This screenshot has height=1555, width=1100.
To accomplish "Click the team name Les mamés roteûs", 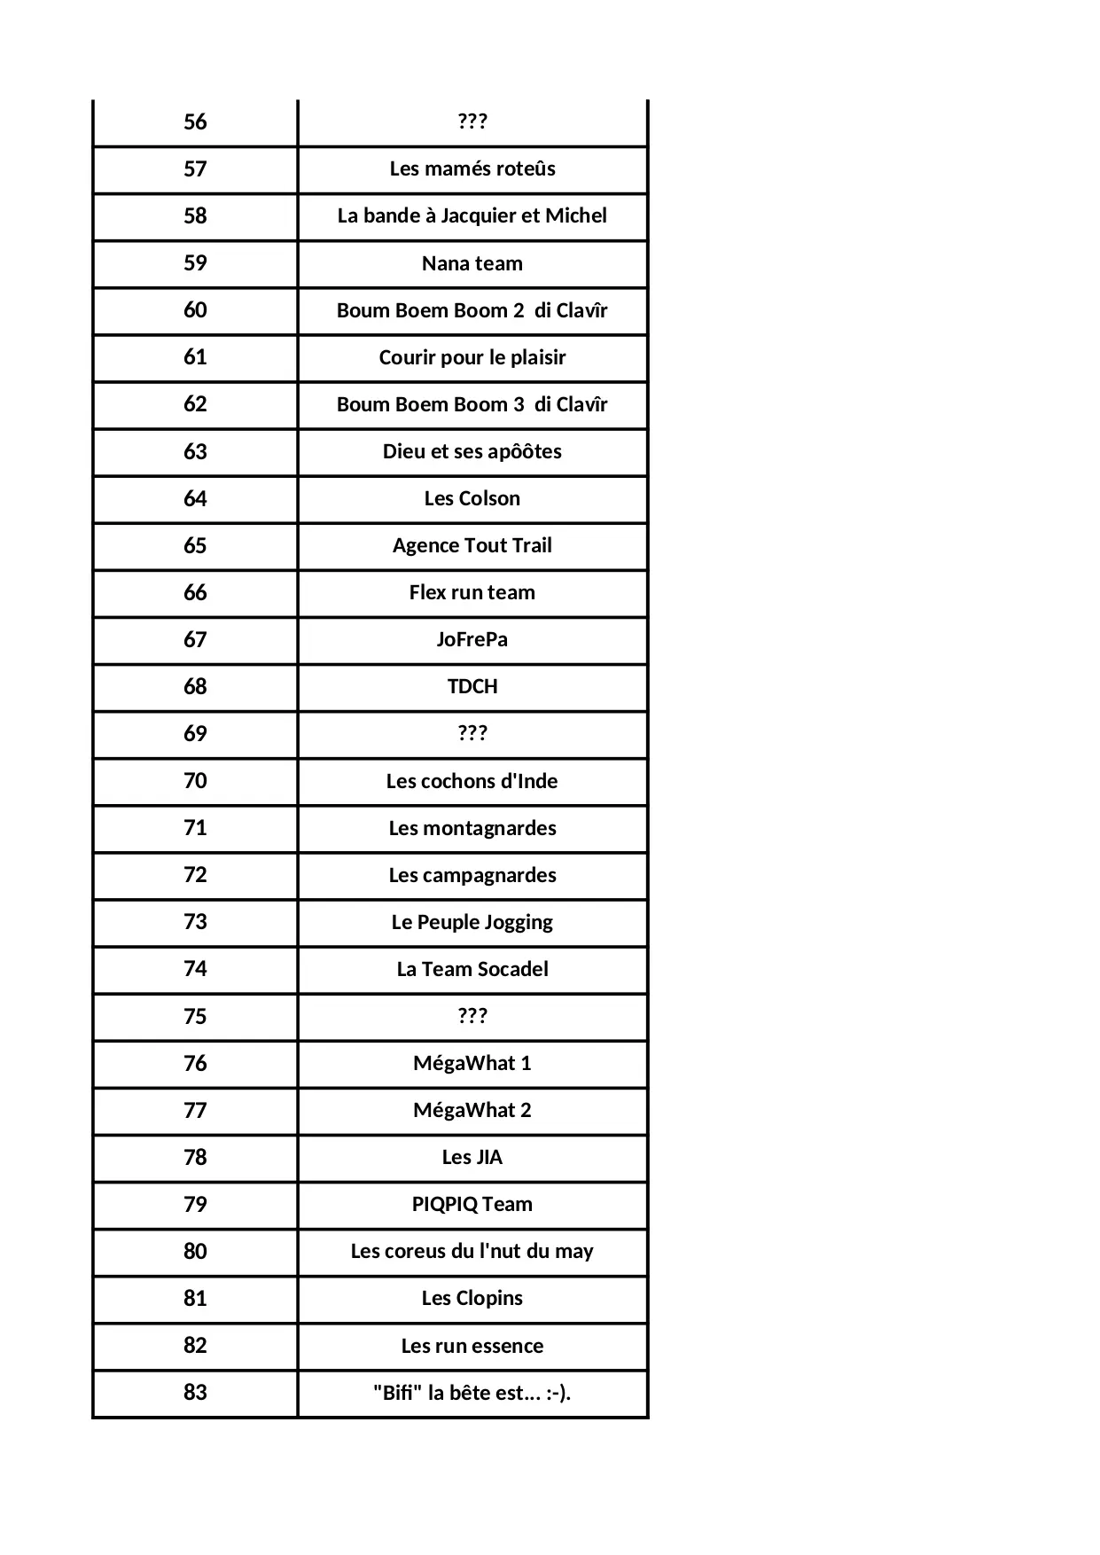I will click(x=472, y=169).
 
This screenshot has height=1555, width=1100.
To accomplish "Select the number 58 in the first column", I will click(x=195, y=216).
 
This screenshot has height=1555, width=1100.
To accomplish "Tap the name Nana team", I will click(x=472, y=263).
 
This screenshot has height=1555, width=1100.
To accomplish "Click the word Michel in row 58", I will click(x=576, y=216).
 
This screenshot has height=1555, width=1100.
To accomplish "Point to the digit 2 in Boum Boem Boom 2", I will click(x=519, y=310).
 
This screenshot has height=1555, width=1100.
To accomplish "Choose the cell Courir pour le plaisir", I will click(x=472, y=357).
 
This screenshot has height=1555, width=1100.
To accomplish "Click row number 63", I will click(x=195, y=451).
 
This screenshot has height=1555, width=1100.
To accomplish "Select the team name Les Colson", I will click(x=472, y=498).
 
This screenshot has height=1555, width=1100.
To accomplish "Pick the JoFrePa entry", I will click(x=472, y=639).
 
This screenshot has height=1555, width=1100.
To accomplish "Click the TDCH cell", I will click(x=472, y=686).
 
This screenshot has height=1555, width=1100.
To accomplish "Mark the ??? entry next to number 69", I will click(x=472, y=733).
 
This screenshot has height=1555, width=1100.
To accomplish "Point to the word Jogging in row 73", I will click(x=519, y=922).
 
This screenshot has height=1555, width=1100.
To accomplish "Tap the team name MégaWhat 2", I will click(x=472, y=1110).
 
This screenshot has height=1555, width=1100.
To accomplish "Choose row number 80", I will click(x=195, y=1251).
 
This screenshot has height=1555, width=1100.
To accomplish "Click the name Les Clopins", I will click(x=472, y=1298).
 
